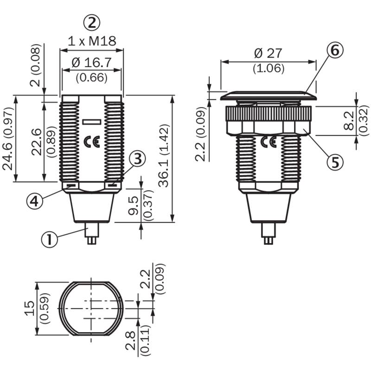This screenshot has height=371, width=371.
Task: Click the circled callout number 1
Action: click(x=50, y=239)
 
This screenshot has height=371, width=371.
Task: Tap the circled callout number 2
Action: click(x=92, y=23)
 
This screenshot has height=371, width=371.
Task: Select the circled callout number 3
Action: click(x=137, y=159)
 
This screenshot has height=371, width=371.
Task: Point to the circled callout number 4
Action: click(x=35, y=201)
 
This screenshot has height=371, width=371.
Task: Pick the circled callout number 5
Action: click(x=335, y=163)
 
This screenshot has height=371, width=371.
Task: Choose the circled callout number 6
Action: click(x=334, y=51)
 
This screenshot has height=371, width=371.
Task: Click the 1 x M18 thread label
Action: click(x=92, y=41)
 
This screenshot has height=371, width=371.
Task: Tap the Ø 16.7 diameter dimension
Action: click(x=91, y=63)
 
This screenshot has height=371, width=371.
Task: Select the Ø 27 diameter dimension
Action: click(x=269, y=53)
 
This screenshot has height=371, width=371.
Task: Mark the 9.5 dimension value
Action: click(x=134, y=205)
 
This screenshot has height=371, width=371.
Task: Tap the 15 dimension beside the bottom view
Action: click(x=30, y=308)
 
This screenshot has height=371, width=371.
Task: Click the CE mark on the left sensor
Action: click(x=92, y=141)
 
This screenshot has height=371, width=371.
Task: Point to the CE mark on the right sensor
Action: click(x=269, y=141)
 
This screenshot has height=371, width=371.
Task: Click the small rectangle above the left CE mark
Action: click(x=92, y=122)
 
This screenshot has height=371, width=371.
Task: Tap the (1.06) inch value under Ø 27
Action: click(x=269, y=68)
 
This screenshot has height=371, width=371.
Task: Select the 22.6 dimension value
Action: click(x=37, y=142)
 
